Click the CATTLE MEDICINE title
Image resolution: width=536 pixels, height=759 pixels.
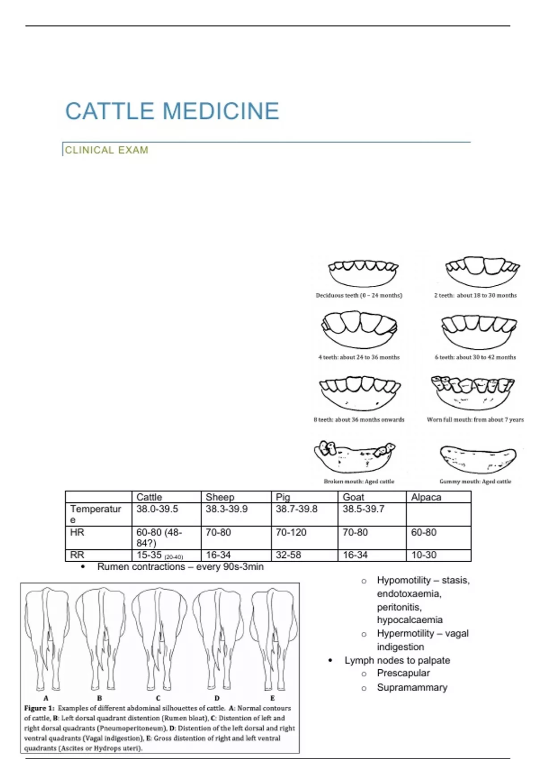172,111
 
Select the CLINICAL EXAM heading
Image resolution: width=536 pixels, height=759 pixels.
106,150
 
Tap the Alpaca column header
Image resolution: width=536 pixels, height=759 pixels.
426,497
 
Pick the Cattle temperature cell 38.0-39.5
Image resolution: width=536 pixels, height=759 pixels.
157,509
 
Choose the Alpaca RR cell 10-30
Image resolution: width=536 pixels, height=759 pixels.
423,555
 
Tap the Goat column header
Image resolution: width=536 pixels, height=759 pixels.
353,497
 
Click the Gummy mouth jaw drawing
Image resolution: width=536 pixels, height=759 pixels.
477,459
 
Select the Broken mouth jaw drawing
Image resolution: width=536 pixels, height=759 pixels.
356,456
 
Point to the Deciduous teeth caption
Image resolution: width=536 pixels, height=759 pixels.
359,295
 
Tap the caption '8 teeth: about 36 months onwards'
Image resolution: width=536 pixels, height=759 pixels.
359,420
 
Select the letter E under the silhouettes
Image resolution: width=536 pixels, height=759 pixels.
272,698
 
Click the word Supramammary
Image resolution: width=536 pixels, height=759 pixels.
412,688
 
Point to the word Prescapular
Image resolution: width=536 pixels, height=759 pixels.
403,673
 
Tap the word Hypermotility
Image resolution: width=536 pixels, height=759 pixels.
405,633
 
